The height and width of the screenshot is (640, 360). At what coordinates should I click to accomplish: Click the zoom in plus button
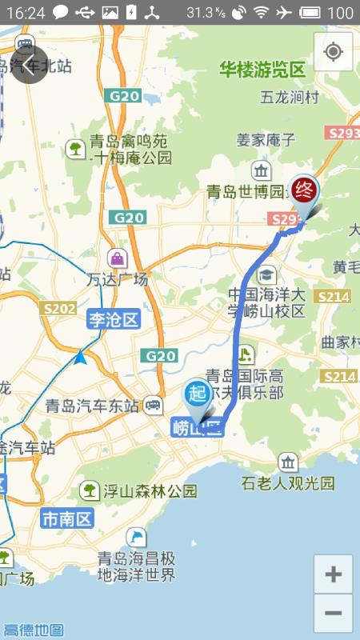pyautogui.click(x=333, y=574)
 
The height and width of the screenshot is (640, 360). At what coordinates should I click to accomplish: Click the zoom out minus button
pyautogui.click(x=333, y=614)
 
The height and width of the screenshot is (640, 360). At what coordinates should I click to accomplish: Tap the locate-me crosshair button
pyautogui.click(x=334, y=53)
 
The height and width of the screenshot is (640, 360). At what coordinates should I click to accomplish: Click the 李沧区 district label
pyautogui.click(x=113, y=321)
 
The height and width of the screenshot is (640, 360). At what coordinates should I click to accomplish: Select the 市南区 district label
pyautogui.click(x=67, y=518)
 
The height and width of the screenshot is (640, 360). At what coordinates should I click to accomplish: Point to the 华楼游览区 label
pyautogui.click(x=263, y=70)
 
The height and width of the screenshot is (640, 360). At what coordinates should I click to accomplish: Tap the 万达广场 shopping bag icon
pyautogui.click(x=118, y=258)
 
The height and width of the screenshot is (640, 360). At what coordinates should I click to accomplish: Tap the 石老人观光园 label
pyautogui.click(x=288, y=483)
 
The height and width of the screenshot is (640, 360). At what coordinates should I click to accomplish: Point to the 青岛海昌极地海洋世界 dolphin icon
pyautogui.click(x=137, y=538)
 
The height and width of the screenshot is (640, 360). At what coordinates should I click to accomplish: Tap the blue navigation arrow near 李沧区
pyautogui.click(x=81, y=357)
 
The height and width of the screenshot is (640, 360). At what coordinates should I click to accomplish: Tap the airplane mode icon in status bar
pyautogui.click(x=284, y=13)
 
